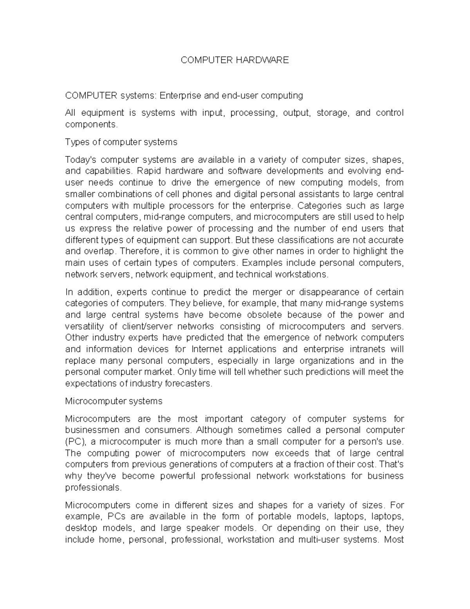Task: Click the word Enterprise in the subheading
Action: [180, 95]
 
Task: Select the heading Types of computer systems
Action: [121, 142]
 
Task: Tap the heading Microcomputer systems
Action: [114, 401]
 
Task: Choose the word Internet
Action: [207, 349]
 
